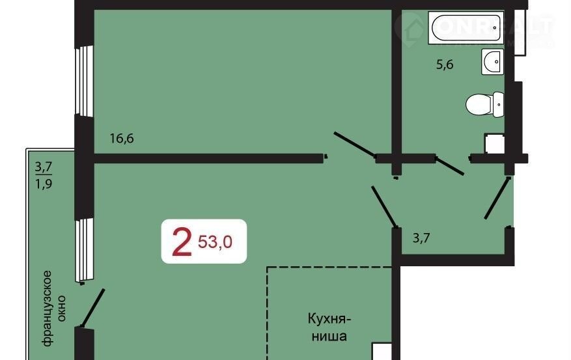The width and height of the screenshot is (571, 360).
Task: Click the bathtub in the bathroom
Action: [466, 27]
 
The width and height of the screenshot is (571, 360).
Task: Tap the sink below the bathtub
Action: [492, 61]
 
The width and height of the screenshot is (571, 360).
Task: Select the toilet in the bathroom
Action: [484, 104]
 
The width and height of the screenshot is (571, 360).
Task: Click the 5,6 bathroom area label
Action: [445, 65]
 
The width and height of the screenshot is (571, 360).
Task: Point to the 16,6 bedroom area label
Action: [122, 138]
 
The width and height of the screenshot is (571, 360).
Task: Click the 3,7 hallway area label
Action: [421, 238]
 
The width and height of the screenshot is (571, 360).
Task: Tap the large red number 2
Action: [182, 242]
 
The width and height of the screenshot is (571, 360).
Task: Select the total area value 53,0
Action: [215, 242]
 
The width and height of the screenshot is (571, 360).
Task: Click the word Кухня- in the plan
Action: [329, 319]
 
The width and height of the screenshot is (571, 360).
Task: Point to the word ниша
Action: [329, 336]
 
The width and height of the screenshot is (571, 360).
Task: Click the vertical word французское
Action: [47, 308]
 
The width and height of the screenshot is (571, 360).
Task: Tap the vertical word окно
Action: [61, 308]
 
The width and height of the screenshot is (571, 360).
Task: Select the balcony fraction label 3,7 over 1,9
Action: [44, 176]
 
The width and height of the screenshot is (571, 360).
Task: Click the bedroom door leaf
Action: [355, 145]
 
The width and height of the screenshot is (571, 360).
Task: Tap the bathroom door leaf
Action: [450, 166]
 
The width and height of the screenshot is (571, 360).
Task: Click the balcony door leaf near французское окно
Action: [93, 307]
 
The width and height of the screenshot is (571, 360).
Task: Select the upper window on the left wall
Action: [84, 81]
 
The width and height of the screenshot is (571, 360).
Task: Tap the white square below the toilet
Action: [494, 143]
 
